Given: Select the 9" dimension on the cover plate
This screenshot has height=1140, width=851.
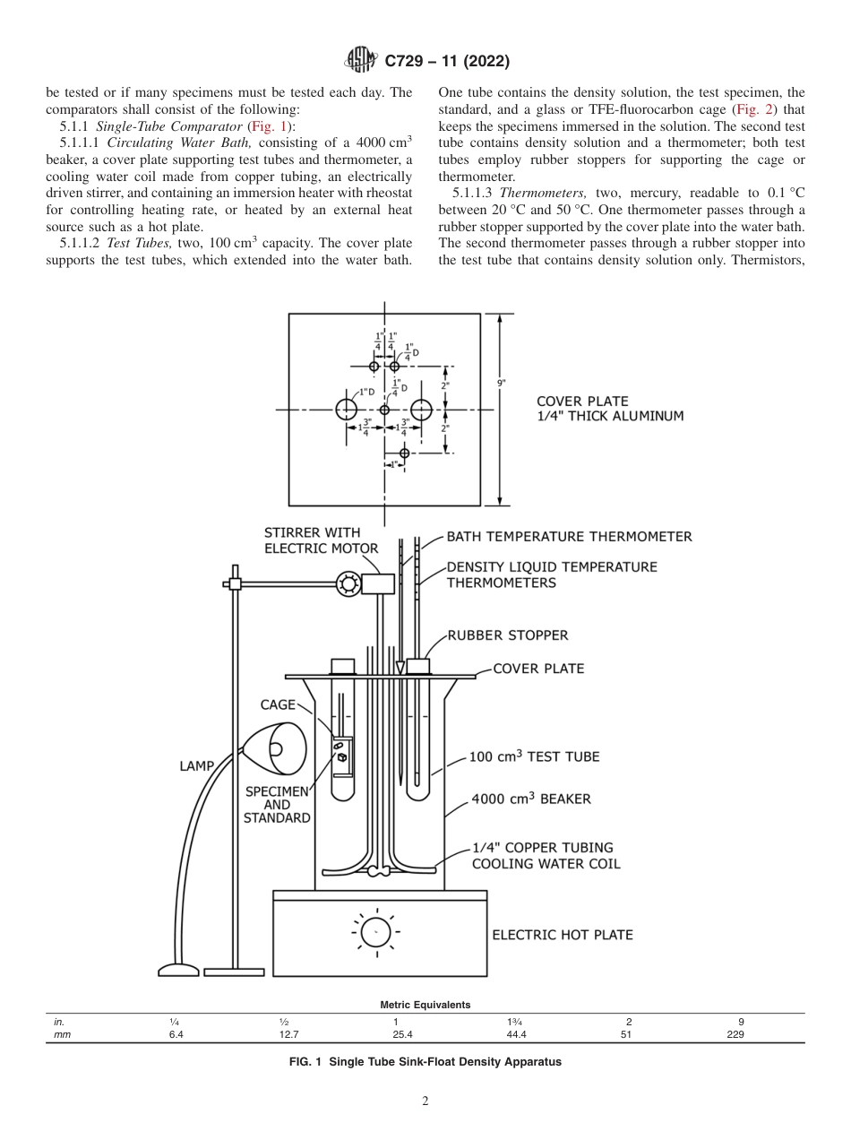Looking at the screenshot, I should [x=502, y=384].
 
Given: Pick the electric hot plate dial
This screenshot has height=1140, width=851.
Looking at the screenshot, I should [x=377, y=933].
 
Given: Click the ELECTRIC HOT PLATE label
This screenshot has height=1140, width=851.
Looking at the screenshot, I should [x=563, y=935].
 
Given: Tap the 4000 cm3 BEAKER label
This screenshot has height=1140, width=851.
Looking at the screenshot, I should [x=531, y=799].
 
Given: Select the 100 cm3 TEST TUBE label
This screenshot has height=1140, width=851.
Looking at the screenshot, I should [x=535, y=756].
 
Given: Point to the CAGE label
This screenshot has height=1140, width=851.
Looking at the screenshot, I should [x=278, y=705].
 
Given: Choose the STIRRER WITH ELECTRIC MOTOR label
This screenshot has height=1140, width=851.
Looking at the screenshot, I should [x=321, y=540].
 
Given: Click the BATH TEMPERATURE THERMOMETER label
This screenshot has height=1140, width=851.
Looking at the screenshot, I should [x=569, y=537].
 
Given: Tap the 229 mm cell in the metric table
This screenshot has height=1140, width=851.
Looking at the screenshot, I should [x=735, y=1034].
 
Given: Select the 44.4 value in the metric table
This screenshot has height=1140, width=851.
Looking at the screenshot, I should [x=517, y=1034].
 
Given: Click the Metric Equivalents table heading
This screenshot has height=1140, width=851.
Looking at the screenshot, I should [x=425, y=1006].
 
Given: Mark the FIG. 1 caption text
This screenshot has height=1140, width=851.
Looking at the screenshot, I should [x=425, y=1062].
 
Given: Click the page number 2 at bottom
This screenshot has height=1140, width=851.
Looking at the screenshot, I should [x=425, y=1102].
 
